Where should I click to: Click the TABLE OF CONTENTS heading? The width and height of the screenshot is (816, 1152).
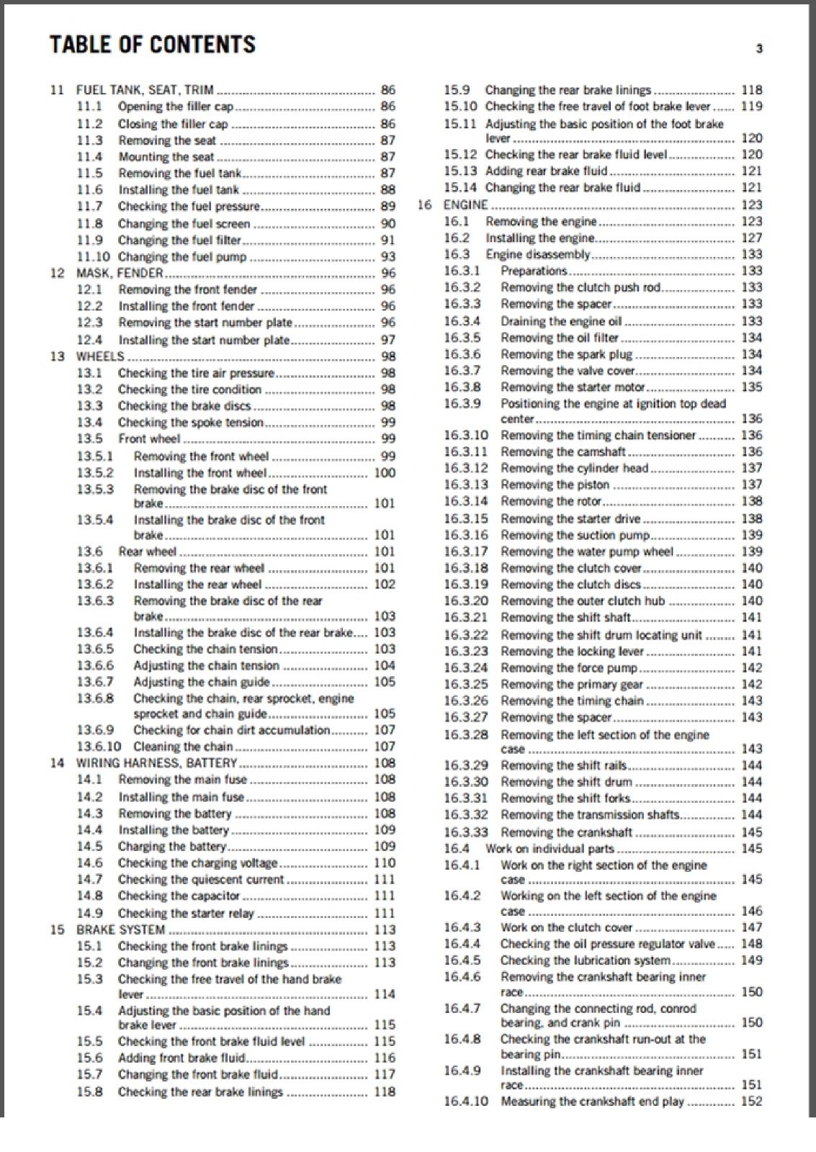tap(152, 44)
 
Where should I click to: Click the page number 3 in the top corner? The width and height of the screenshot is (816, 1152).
tap(759, 49)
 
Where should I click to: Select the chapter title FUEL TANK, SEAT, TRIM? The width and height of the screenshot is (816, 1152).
tap(145, 90)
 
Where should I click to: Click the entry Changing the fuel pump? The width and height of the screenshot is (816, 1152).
tap(182, 257)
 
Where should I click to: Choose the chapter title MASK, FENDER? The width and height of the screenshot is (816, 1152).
tap(120, 273)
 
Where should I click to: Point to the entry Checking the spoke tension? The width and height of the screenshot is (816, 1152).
tap(191, 423)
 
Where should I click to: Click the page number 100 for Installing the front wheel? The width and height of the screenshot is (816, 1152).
tap(385, 473)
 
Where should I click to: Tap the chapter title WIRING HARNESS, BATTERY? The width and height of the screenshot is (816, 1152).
tap(157, 763)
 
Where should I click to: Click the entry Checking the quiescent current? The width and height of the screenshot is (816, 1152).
tap(201, 879)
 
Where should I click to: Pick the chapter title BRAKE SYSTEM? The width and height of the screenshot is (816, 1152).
tap(121, 930)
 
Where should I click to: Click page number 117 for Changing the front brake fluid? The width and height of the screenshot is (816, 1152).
tap(385, 1074)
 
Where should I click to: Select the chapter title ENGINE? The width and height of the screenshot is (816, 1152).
tap(465, 204)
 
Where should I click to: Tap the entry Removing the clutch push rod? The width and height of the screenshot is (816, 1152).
tap(580, 287)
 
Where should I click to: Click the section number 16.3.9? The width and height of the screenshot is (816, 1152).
tap(462, 404)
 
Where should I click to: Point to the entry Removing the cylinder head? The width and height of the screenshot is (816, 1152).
tap(575, 468)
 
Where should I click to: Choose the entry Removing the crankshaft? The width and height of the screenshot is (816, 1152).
tap(566, 832)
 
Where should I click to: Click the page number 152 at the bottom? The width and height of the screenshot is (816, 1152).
tap(751, 1101)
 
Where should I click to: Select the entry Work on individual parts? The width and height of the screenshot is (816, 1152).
tap(550, 849)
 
